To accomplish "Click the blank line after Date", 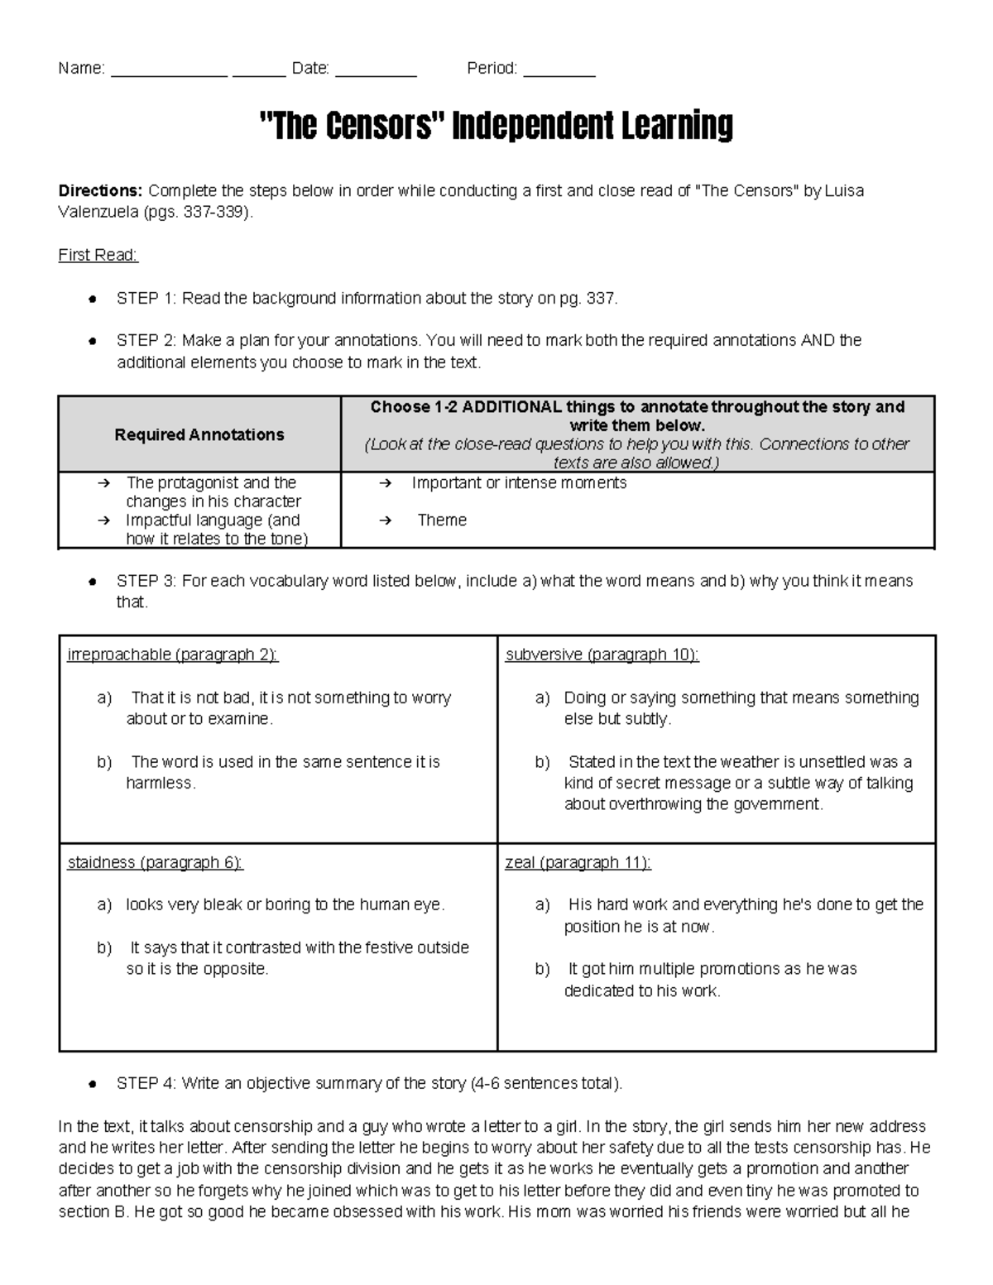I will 376,74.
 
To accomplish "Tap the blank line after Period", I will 559,74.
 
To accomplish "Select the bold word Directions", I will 99,191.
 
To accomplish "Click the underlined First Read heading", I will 98,255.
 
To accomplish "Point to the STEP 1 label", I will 146,298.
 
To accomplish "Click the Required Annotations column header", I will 199,434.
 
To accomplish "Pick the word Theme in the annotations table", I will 442,520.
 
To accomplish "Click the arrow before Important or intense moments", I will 385,483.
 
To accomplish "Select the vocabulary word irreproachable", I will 118,654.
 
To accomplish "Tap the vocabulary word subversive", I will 544,654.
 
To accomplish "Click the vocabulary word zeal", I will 520,862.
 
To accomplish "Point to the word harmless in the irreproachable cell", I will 159,783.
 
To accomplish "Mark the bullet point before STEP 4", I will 94,1084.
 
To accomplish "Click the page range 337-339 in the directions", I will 214,212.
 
